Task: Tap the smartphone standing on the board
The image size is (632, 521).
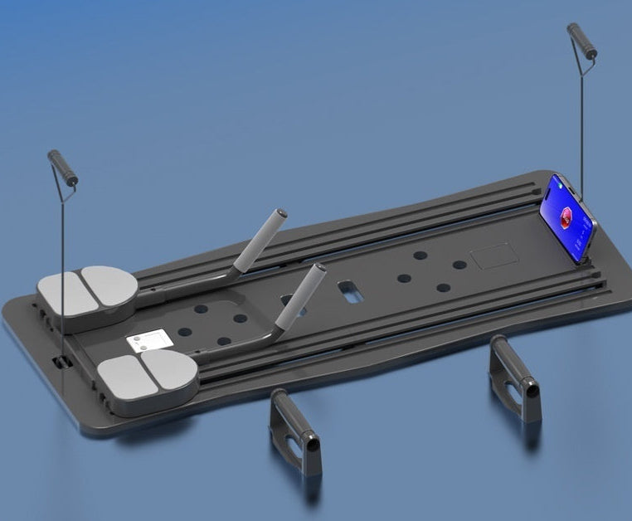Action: (567, 218)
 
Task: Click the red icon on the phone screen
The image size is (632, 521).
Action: (563, 218)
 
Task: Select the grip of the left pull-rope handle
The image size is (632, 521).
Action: (63, 168)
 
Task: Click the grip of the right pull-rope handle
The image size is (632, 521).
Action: (582, 41)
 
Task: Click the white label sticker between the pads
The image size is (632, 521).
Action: (149, 339)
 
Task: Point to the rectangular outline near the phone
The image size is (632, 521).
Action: (493, 254)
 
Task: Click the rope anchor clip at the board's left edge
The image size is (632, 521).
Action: (60, 363)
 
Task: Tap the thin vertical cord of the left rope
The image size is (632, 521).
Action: (63, 265)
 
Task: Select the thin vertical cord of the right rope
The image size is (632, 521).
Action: (581, 133)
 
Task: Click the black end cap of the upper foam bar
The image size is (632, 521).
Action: (281, 213)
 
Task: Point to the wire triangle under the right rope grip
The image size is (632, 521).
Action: (585, 66)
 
